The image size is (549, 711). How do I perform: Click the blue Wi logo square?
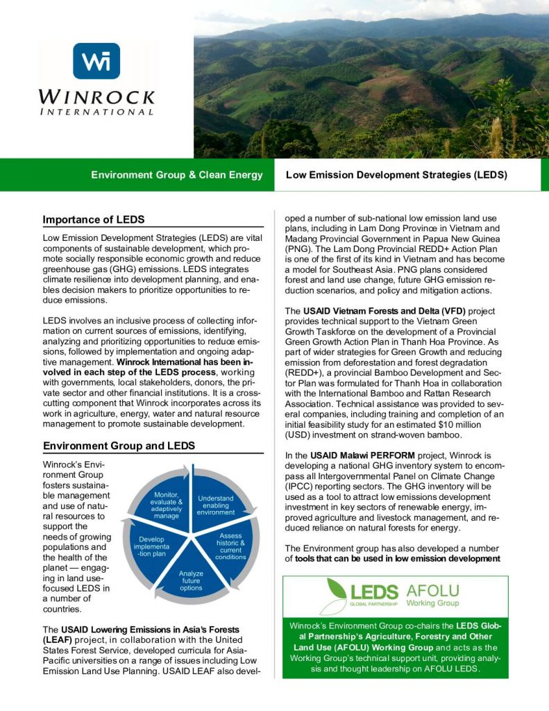(96, 61)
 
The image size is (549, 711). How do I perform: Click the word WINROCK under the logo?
(96, 95)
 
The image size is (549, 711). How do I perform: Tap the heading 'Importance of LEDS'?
(94, 220)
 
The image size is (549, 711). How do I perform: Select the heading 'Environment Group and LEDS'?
(119, 445)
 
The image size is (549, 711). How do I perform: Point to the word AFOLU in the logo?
(432, 591)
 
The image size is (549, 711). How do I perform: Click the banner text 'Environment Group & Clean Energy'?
(177, 175)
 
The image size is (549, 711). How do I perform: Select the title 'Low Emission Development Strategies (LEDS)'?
(396, 175)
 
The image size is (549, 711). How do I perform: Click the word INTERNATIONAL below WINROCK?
(96, 111)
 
